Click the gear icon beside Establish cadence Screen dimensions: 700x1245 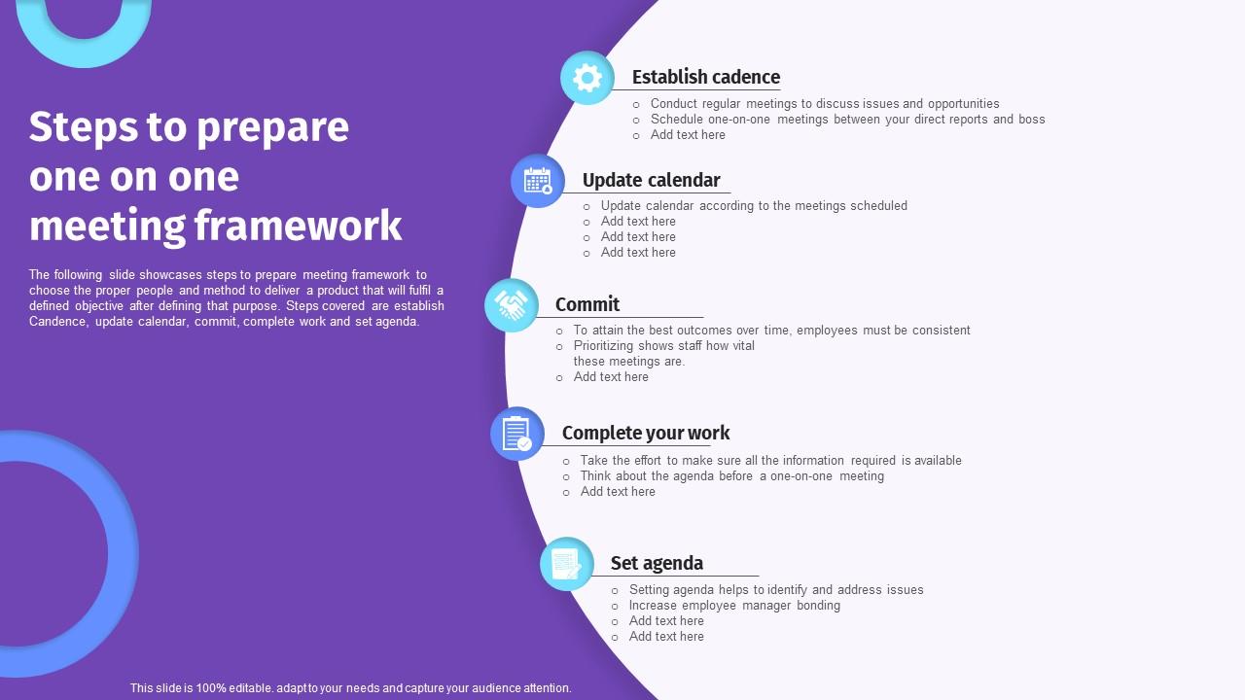(587, 78)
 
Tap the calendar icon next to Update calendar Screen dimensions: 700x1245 (538, 181)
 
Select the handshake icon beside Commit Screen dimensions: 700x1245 (512, 305)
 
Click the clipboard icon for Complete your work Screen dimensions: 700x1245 (516, 434)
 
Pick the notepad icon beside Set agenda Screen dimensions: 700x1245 (567, 564)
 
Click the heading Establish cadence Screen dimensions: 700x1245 (705, 77)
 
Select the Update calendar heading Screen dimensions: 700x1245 (651, 180)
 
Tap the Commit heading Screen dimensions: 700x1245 (587, 304)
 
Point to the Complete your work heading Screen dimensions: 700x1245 (645, 433)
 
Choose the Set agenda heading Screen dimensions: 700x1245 (657, 563)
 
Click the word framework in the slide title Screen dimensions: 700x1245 (298, 226)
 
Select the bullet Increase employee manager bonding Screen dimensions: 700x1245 (734, 606)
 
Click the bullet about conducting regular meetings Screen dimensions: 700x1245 (825, 104)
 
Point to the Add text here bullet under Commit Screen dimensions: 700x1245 (611, 377)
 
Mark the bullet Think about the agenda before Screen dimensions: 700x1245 (731, 476)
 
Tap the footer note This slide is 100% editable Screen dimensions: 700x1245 (350, 688)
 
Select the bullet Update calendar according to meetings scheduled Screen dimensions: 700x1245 (754, 206)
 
